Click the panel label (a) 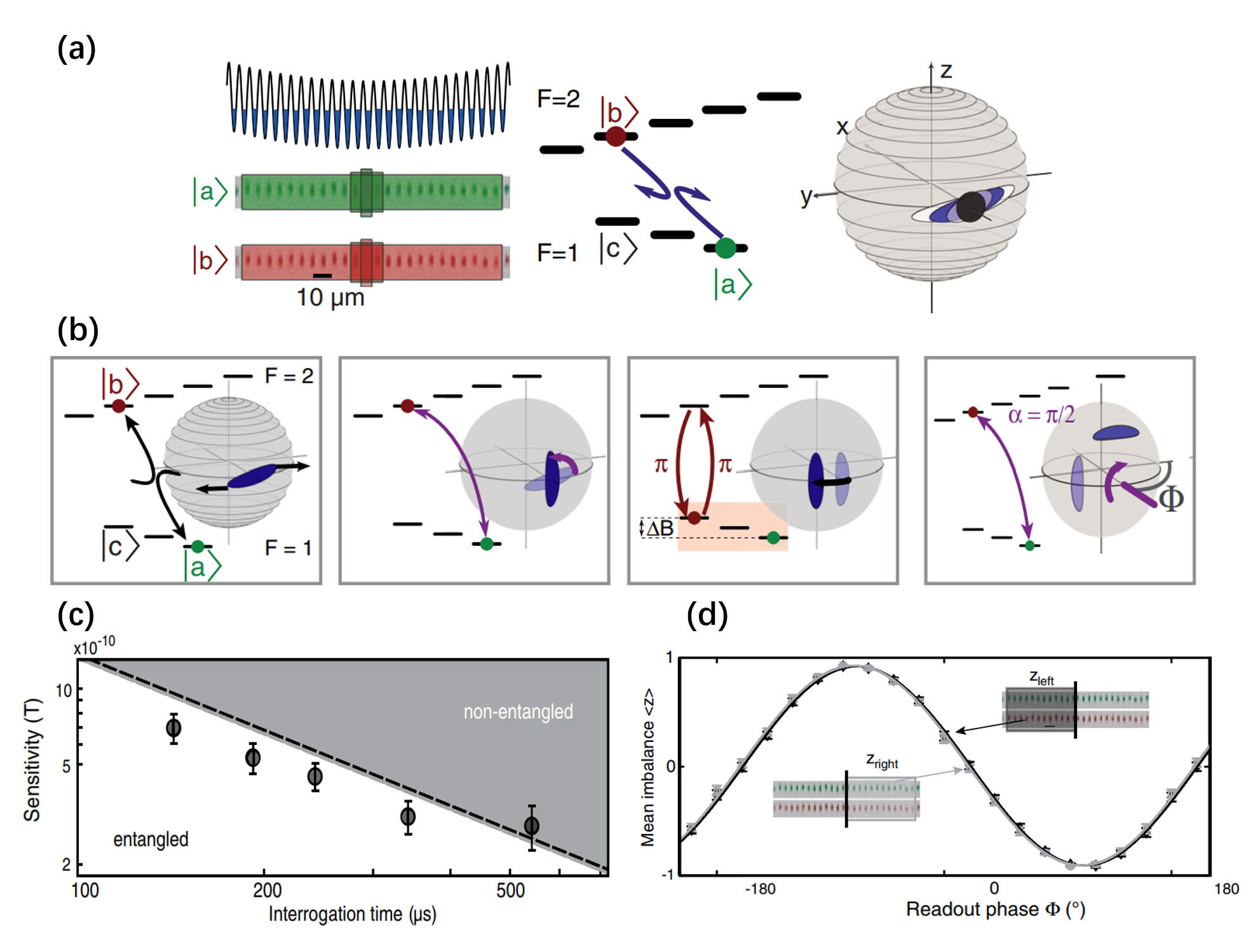click(x=76, y=49)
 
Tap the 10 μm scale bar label click(x=330, y=297)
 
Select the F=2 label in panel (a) click(x=558, y=99)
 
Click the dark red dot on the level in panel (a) click(x=615, y=136)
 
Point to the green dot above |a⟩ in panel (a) click(x=725, y=248)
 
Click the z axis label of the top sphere click(x=945, y=71)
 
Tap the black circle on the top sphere click(x=970, y=207)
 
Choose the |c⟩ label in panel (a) click(x=618, y=249)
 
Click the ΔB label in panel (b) click(x=660, y=528)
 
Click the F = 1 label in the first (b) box click(x=288, y=547)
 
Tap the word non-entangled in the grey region click(x=518, y=711)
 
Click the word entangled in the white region click(x=151, y=839)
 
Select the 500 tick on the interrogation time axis click(x=510, y=891)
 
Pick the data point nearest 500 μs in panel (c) click(x=532, y=826)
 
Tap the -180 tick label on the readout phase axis click(x=760, y=889)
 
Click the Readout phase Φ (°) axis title click(x=995, y=910)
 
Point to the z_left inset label click(x=1041, y=678)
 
